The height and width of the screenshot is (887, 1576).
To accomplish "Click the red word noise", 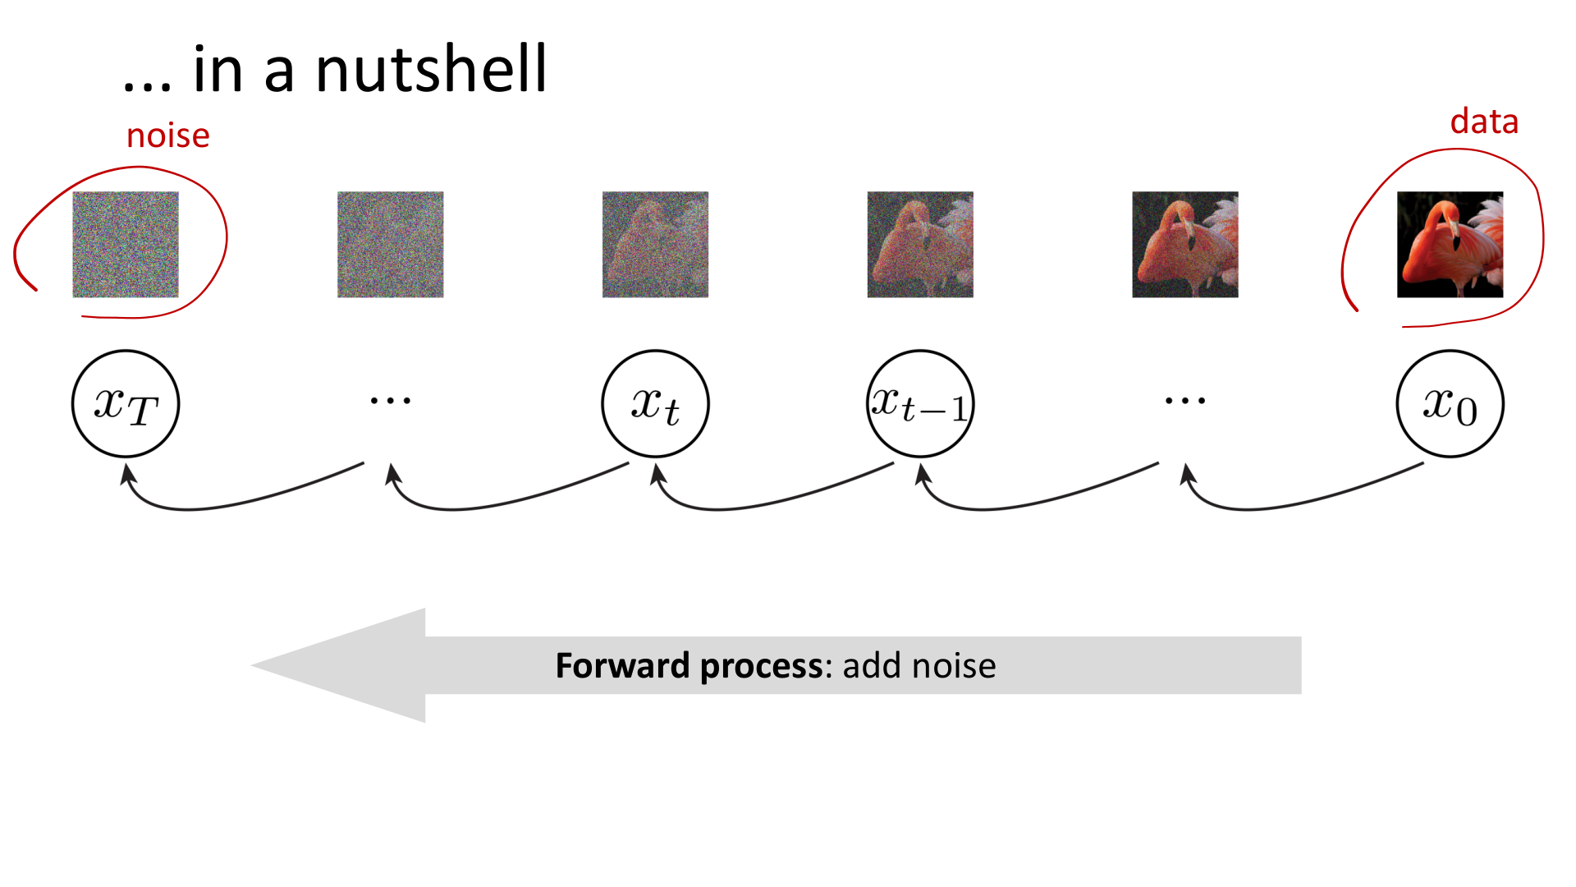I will click(168, 136).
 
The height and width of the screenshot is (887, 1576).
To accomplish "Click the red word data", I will click(1484, 122).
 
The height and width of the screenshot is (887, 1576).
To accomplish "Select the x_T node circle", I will click(126, 404).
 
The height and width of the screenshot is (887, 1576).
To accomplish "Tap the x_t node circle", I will click(655, 404).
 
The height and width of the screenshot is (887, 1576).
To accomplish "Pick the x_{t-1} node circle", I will click(920, 404).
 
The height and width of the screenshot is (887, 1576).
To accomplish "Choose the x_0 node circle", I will click(1450, 404).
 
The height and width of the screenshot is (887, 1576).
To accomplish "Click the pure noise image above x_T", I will click(126, 245).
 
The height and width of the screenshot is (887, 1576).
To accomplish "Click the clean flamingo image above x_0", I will click(1450, 245).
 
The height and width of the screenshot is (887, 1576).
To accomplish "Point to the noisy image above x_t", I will click(655, 245).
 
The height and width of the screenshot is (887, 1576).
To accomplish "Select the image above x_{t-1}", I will click(920, 245).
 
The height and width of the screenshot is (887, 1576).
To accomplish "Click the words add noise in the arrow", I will click(919, 666).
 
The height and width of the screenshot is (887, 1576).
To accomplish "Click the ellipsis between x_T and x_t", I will click(391, 402).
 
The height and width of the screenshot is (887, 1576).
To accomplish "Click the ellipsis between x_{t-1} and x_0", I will click(1185, 402).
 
